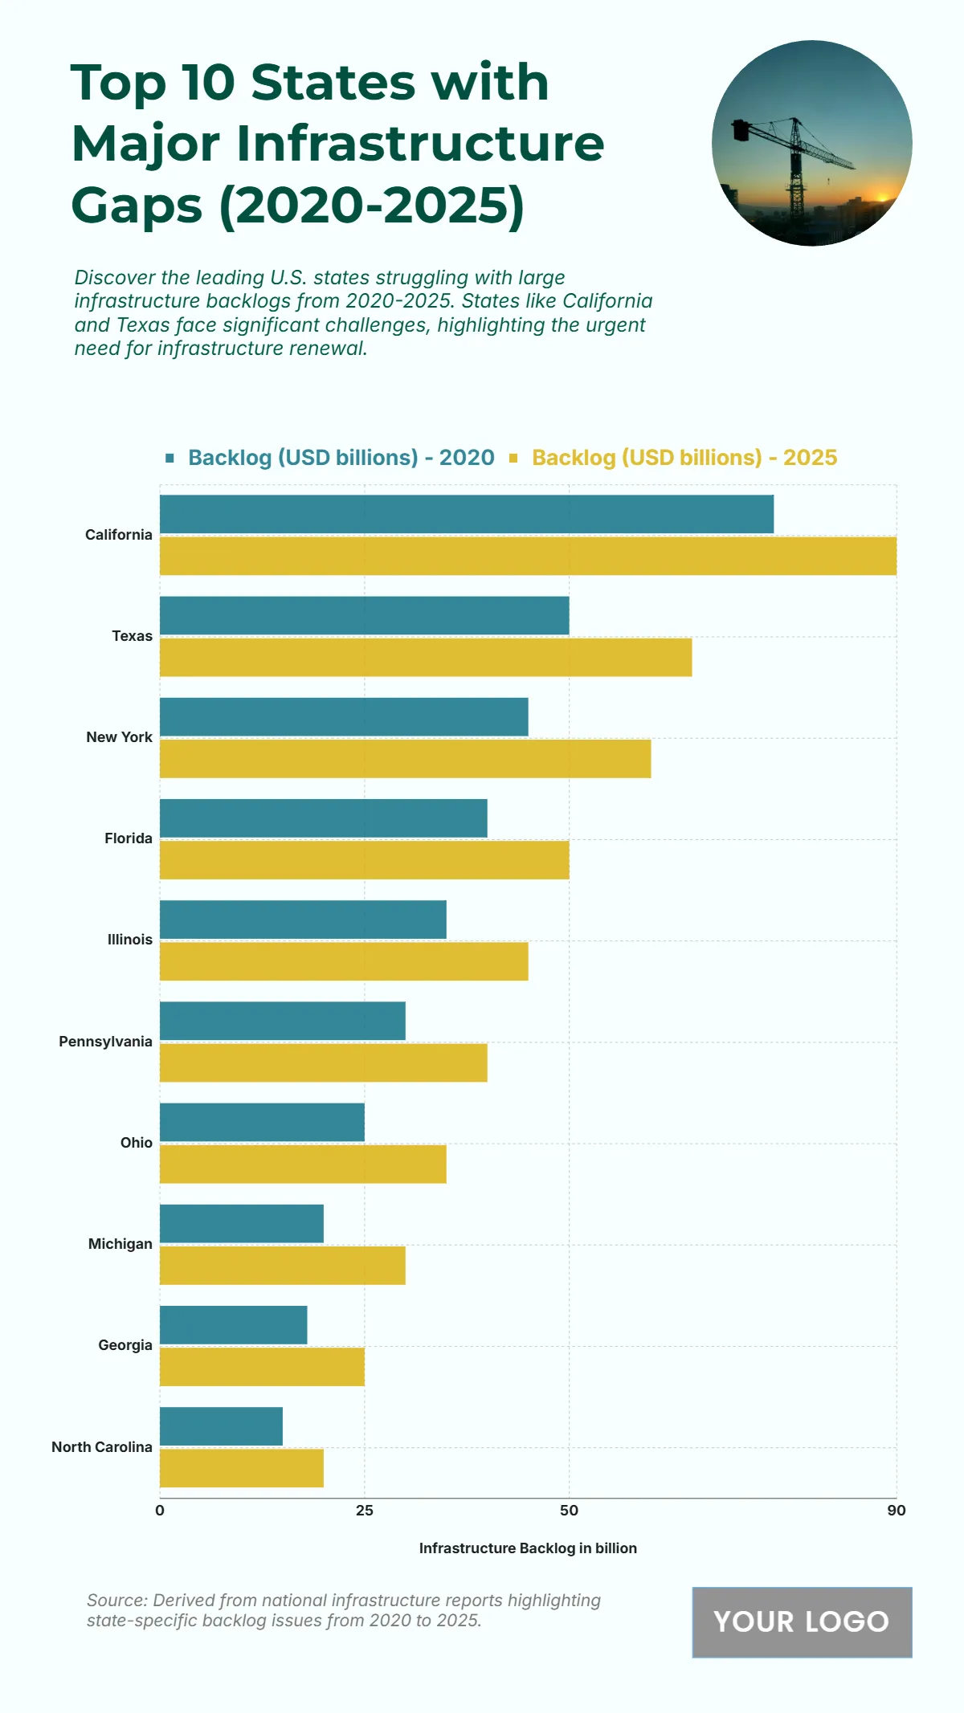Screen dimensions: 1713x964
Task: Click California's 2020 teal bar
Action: point(466,514)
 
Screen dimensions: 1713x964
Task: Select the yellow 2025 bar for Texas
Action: point(426,657)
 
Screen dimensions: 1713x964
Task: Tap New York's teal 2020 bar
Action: point(344,716)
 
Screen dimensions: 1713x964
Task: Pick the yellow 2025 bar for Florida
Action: point(364,859)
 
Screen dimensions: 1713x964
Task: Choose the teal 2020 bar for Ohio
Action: point(262,1122)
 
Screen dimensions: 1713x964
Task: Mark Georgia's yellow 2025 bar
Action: point(262,1366)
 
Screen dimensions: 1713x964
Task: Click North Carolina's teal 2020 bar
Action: point(221,1425)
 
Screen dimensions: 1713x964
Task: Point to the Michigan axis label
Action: point(120,1244)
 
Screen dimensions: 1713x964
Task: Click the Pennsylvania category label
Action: point(105,1042)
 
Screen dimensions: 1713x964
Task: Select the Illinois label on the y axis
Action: point(129,940)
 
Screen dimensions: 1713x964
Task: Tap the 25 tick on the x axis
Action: point(365,1511)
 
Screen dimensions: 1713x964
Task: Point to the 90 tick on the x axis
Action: point(896,1511)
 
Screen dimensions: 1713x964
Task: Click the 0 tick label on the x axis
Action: point(160,1511)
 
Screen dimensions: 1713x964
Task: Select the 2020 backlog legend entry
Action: point(341,458)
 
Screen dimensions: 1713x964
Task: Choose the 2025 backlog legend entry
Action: point(684,458)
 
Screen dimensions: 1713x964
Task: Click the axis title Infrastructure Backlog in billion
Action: point(528,1548)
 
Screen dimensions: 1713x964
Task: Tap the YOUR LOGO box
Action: point(802,1621)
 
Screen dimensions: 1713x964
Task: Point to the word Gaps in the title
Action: point(137,206)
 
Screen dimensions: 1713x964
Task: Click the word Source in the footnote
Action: point(116,1601)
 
